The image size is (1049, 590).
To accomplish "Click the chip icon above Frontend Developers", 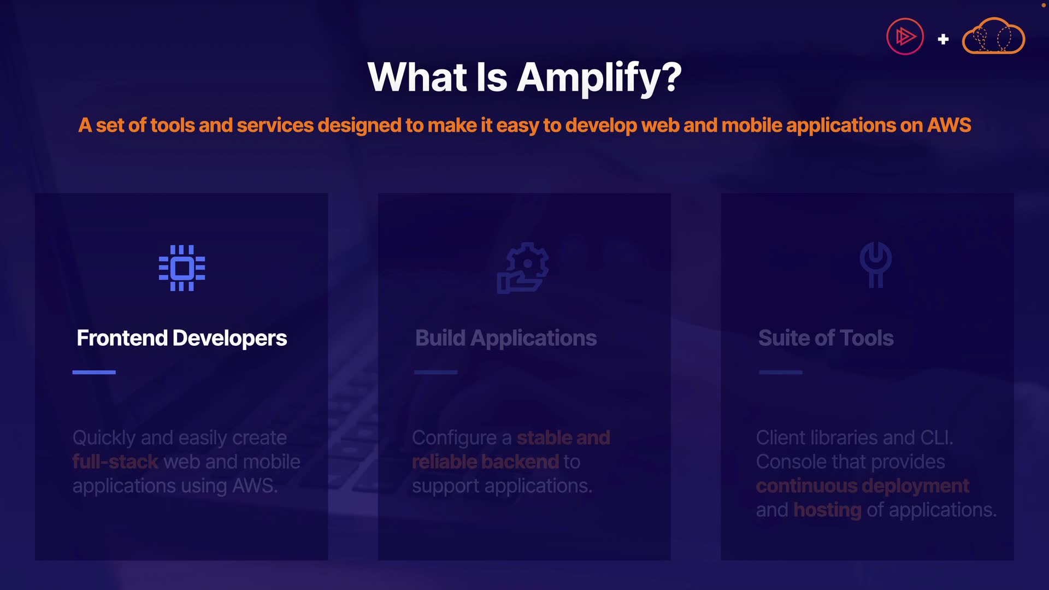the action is pyautogui.click(x=182, y=268).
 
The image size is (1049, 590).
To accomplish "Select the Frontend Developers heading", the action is pyautogui.click(x=182, y=338).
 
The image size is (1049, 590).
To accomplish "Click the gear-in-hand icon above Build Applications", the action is pyautogui.click(x=523, y=268).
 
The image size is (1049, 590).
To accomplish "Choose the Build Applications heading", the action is pyautogui.click(x=506, y=338).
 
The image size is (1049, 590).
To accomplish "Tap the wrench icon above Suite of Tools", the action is pyautogui.click(x=875, y=264).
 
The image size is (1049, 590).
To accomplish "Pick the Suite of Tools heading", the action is pyautogui.click(x=826, y=338).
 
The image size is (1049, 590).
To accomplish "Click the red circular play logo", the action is pyautogui.click(x=905, y=37).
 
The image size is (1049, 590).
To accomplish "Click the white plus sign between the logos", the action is pyautogui.click(x=943, y=39).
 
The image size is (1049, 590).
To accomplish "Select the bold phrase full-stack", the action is pyautogui.click(x=115, y=462).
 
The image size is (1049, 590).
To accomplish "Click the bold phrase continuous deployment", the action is pyautogui.click(x=863, y=486).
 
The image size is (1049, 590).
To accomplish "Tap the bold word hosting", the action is pyautogui.click(x=827, y=510).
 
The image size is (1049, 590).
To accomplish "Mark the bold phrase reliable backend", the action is pyautogui.click(x=486, y=462).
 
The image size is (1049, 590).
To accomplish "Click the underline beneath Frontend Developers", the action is pyautogui.click(x=94, y=372).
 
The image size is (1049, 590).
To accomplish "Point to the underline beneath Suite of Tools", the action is pyautogui.click(x=781, y=372).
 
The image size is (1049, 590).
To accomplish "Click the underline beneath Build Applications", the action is pyautogui.click(x=436, y=372).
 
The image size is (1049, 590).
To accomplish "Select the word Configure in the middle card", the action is pyautogui.click(x=455, y=438).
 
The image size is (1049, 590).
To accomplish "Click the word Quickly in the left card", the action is pyautogui.click(x=104, y=438).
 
